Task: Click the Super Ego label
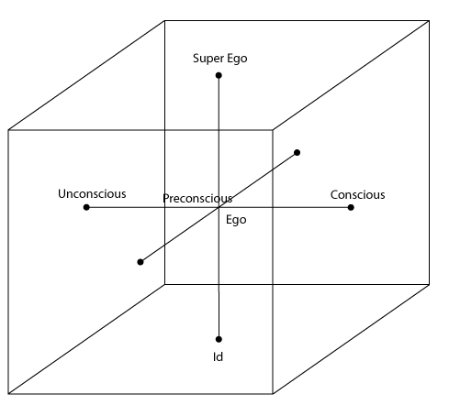coord(220,59)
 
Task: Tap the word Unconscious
coord(92,194)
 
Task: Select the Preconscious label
coord(197,199)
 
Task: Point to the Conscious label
coord(357,195)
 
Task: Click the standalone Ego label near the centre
coord(236,220)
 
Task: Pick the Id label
coord(218,356)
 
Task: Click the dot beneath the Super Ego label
coord(219,75)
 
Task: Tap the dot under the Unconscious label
coord(86,207)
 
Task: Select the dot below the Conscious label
coord(351,207)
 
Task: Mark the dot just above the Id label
coord(219,339)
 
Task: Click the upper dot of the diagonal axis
coord(297,152)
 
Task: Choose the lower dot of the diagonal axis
coord(140,262)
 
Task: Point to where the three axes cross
coord(219,207)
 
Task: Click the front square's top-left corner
coord(8,130)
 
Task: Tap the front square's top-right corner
coord(273,130)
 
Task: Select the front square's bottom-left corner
coord(8,394)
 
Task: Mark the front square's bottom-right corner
coord(273,394)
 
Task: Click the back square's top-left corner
coord(164,21)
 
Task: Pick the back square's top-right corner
coord(429,21)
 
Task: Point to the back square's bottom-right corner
coord(429,285)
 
